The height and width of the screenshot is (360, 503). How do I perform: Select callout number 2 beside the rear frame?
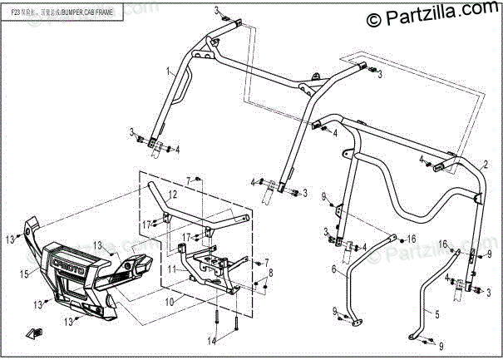click(485, 161)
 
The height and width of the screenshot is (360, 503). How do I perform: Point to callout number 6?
click(333, 270)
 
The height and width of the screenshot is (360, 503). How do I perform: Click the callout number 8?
click(269, 273)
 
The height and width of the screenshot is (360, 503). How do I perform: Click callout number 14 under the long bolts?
click(212, 340)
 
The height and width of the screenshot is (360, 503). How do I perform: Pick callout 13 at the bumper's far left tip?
click(11, 239)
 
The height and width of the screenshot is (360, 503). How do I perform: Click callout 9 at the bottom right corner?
click(441, 343)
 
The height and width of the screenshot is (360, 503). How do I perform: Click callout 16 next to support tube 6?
click(411, 239)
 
